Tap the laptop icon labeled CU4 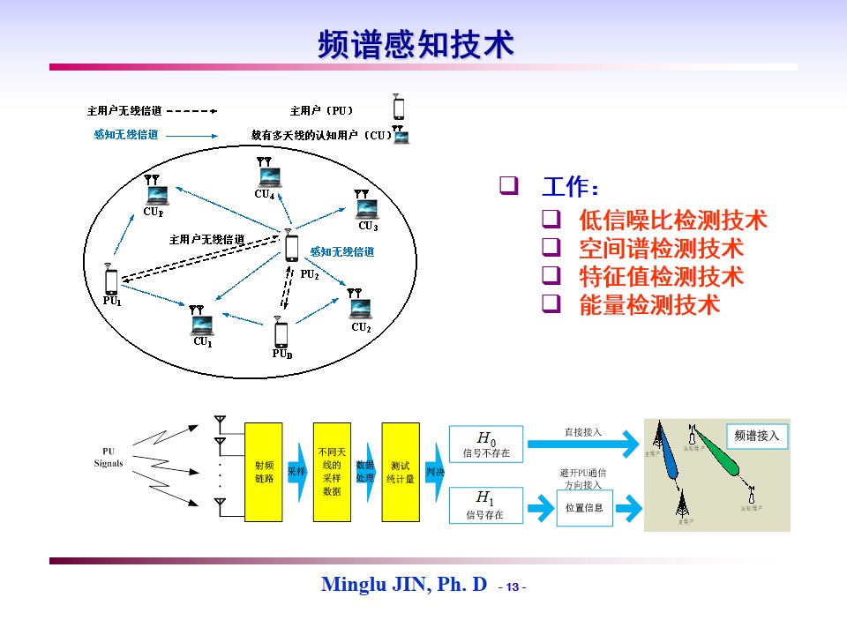[266, 176]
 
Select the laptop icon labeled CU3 [367, 208]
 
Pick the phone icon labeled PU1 [111, 281]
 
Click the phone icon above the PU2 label [292, 248]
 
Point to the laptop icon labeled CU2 [360, 308]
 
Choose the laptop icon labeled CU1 [203, 324]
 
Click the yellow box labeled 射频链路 [263, 471]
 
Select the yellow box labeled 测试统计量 [400, 471]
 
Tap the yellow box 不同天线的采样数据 [332, 471]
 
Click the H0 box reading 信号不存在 [486, 444]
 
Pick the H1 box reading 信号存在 [486, 506]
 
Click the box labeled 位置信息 [583, 508]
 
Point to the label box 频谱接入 [757, 436]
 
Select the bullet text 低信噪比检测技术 [672, 220]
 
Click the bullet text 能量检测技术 [648, 305]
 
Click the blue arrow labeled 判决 [435, 472]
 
